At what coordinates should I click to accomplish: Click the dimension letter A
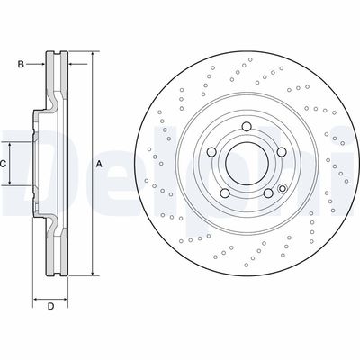pos(99,164)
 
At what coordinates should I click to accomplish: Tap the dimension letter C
pos(4,164)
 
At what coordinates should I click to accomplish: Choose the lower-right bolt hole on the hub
pos(265,192)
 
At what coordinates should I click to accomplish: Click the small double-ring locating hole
pos(282,189)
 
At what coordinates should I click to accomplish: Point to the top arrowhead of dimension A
pos(92,55)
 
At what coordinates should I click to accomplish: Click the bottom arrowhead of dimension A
pos(92,274)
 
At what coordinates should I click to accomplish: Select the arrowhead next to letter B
pos(41,64)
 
